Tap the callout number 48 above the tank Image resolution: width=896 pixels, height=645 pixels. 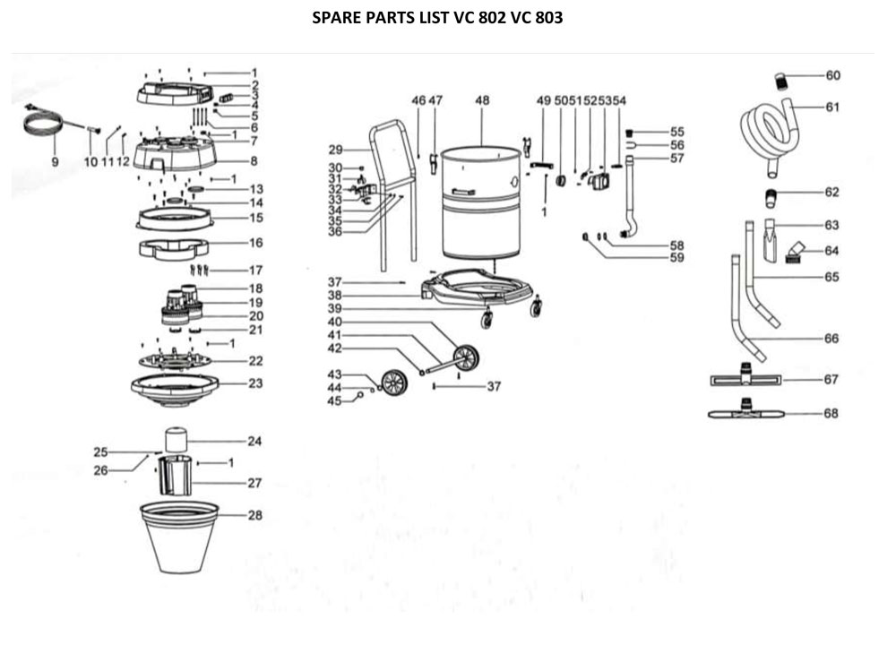[482, 101]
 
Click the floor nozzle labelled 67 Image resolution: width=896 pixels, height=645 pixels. [745, 379]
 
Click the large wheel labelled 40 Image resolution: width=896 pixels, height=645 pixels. [466, 358]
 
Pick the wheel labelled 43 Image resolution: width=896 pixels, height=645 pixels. [392, 383]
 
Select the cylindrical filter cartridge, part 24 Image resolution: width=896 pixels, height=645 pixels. [176, 440]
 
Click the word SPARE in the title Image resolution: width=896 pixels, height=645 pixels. [338, 17]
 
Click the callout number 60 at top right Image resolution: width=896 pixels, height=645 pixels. [832, 74]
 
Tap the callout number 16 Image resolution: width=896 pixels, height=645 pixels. [255, 242]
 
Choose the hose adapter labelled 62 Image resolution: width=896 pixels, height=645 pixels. [772, 193]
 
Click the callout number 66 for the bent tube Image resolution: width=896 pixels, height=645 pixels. [831, 339]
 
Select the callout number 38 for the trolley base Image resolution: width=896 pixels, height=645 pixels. [335, 295]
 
